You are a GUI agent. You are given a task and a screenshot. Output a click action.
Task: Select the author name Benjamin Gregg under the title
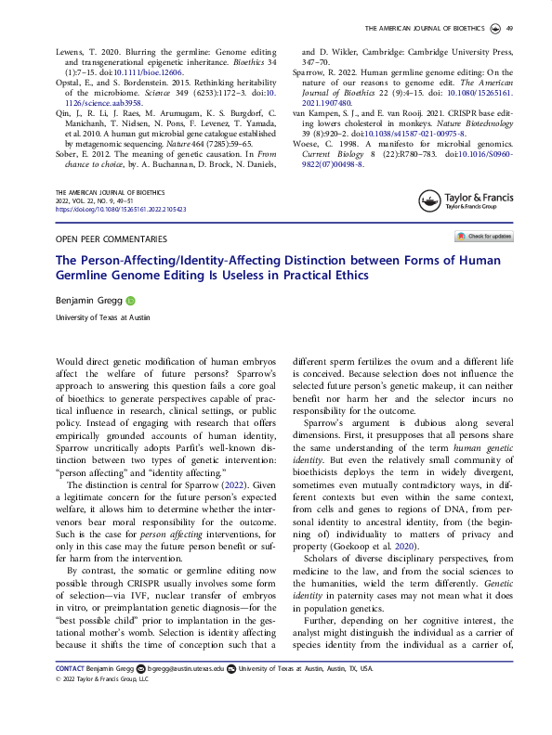(89, 301)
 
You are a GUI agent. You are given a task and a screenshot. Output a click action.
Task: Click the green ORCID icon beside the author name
(131, 301)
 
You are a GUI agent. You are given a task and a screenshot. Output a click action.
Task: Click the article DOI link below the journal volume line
(122, 210)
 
